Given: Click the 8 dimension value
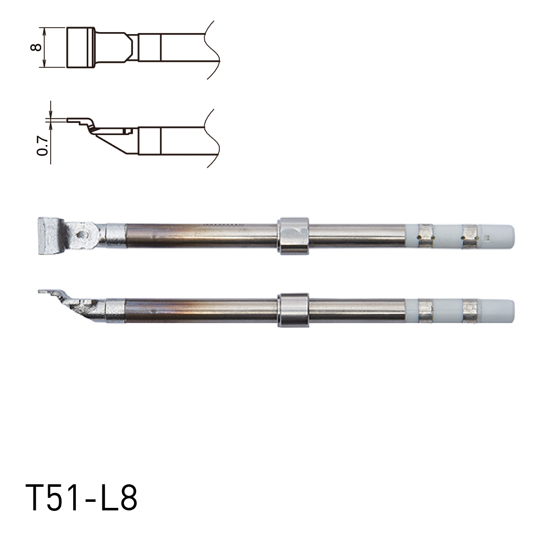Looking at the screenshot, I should click(x=36, y=48).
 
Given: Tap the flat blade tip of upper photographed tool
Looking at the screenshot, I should click(x=50, y=235).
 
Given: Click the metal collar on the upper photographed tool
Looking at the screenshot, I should click(x=293, y=235).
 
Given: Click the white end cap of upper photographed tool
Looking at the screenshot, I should click(x=501, y=235).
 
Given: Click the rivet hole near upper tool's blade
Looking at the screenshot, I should click(x=80, y=234).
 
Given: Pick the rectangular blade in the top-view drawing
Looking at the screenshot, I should click(x=80, y=48).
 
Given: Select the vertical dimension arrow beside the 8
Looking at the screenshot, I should click(x=45, y=48).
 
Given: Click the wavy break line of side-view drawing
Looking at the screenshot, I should click(x=213, y=138).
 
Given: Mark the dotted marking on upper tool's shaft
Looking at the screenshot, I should click(x=221, y=224).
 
